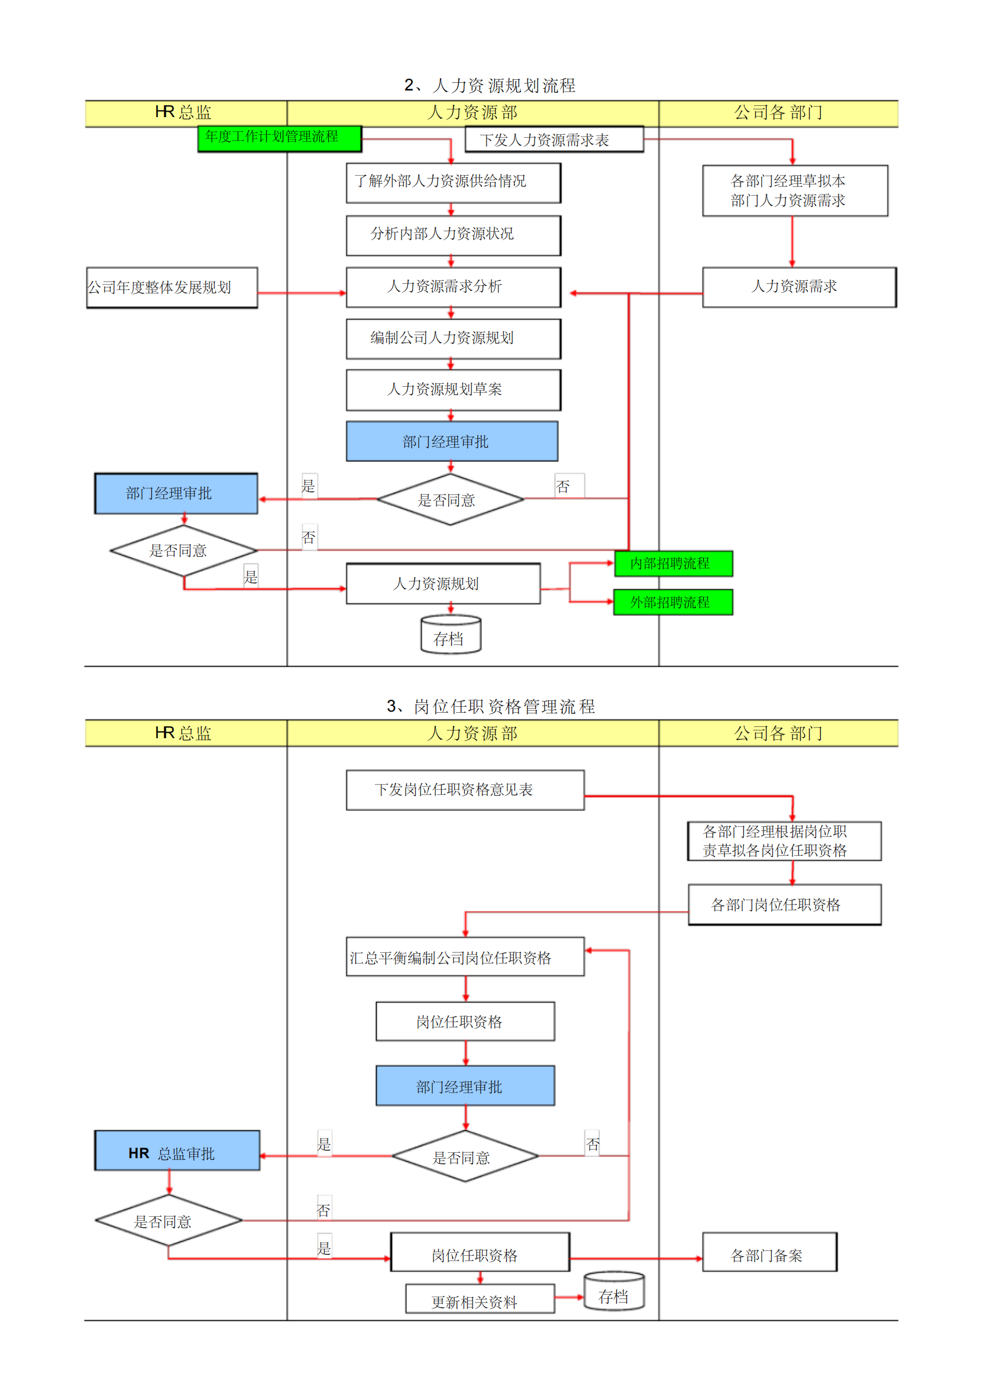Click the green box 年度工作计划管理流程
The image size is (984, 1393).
(279, 138)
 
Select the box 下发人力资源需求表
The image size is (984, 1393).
(553, 140)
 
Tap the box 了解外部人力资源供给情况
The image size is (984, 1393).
(452, 183)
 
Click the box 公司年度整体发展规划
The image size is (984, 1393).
(171, 287)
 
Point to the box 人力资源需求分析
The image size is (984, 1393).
(452, 287)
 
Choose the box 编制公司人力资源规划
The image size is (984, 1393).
(452, 338)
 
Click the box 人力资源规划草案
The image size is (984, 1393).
(452, 390)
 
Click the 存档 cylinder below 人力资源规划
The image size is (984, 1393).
(450, 635)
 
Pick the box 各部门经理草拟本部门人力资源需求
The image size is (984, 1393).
(794, 190)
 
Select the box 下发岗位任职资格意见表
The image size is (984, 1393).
(465, 790)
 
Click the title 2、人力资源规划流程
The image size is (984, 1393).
(490, 86)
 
